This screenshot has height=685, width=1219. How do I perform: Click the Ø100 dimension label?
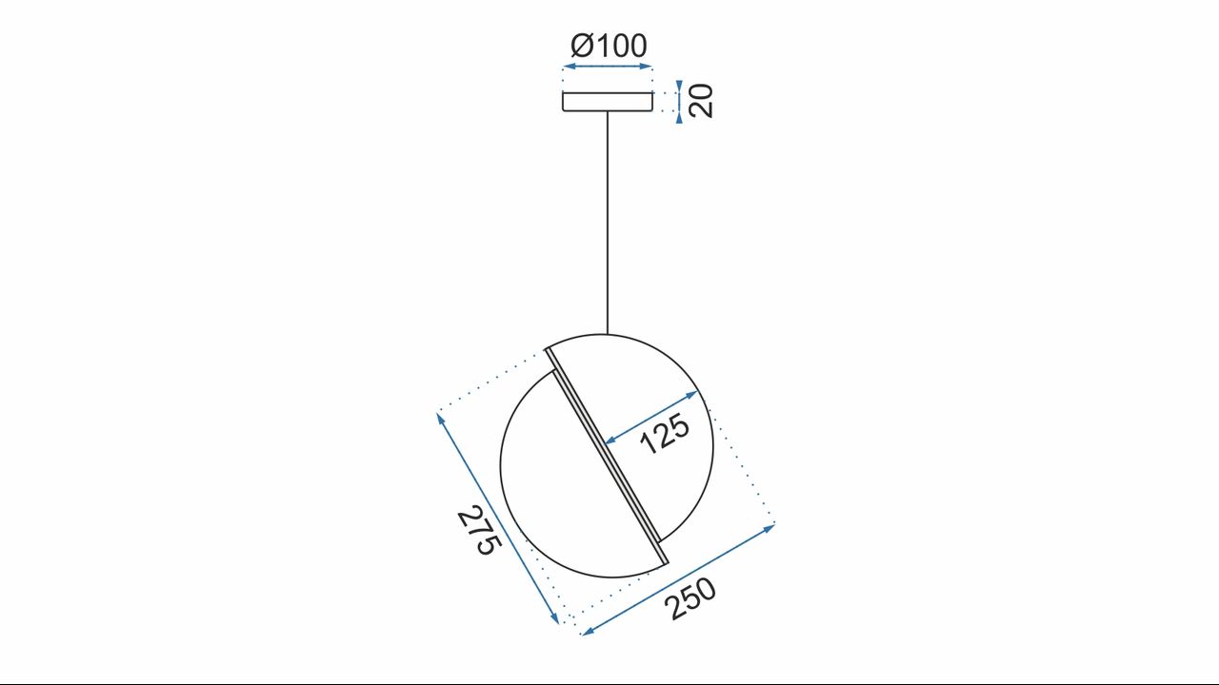pos(609,46)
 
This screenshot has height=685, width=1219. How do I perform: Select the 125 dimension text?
pos(665,434)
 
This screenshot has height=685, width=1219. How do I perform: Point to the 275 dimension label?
pos(479,531)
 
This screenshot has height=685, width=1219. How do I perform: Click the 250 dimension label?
pos(690,598)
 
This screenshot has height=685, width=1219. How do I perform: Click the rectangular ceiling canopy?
pos(608,102)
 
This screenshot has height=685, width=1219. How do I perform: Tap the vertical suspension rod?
pos(608,223)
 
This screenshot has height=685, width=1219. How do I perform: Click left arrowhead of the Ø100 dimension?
pos(569,67)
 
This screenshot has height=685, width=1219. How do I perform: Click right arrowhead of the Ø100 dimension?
pos(647,67)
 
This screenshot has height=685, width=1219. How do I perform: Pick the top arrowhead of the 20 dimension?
pos(679,86)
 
